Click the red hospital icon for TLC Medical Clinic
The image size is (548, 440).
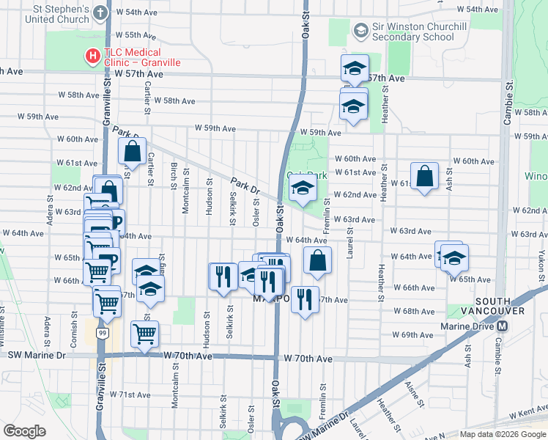coord(92,54)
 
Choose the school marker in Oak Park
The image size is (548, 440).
coord(302,188)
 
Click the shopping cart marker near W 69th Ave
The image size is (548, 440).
coord(144,334)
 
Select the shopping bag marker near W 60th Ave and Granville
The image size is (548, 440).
coord(133,152)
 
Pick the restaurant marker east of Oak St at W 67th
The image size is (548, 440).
coord(305,298)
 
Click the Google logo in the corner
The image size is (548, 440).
coord(24,431)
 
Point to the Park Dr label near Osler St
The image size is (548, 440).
coord(245,186)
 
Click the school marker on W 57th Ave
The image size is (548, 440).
coord(355,70)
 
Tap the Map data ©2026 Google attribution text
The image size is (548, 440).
coord(502,434)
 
